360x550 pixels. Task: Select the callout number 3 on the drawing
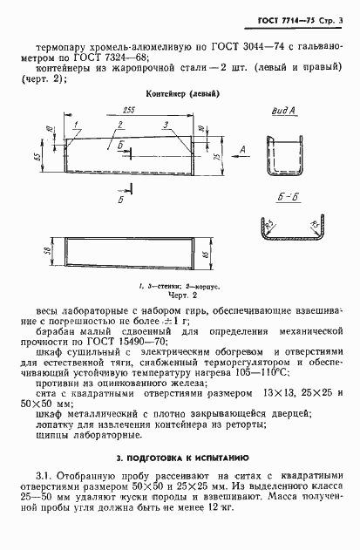coord(164,126)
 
